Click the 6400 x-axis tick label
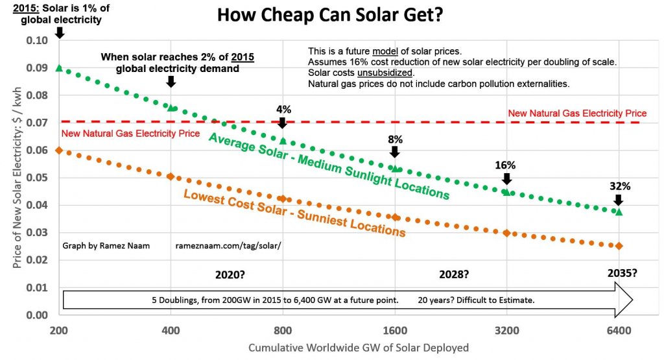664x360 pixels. pyautogui.click(x=619, y=330)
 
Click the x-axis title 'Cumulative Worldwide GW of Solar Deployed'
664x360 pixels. pyautogui.click(x=358, y=348)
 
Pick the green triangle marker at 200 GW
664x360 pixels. pyautogui.click(x=59, y=67)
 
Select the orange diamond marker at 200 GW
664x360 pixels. pyautogui.click(x=59, y=150)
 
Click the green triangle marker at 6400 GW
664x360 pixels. pyautogui.click(x=619, y=211)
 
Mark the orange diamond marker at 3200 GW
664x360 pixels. pyautogui.click(x=506, y=233)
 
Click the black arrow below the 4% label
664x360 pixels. pyautogui.click(x=282, y=123)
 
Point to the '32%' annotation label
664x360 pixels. pyautogui.click(x=619, y=186)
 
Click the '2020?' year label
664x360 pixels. pyautogui.click(x=230, y=274)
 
